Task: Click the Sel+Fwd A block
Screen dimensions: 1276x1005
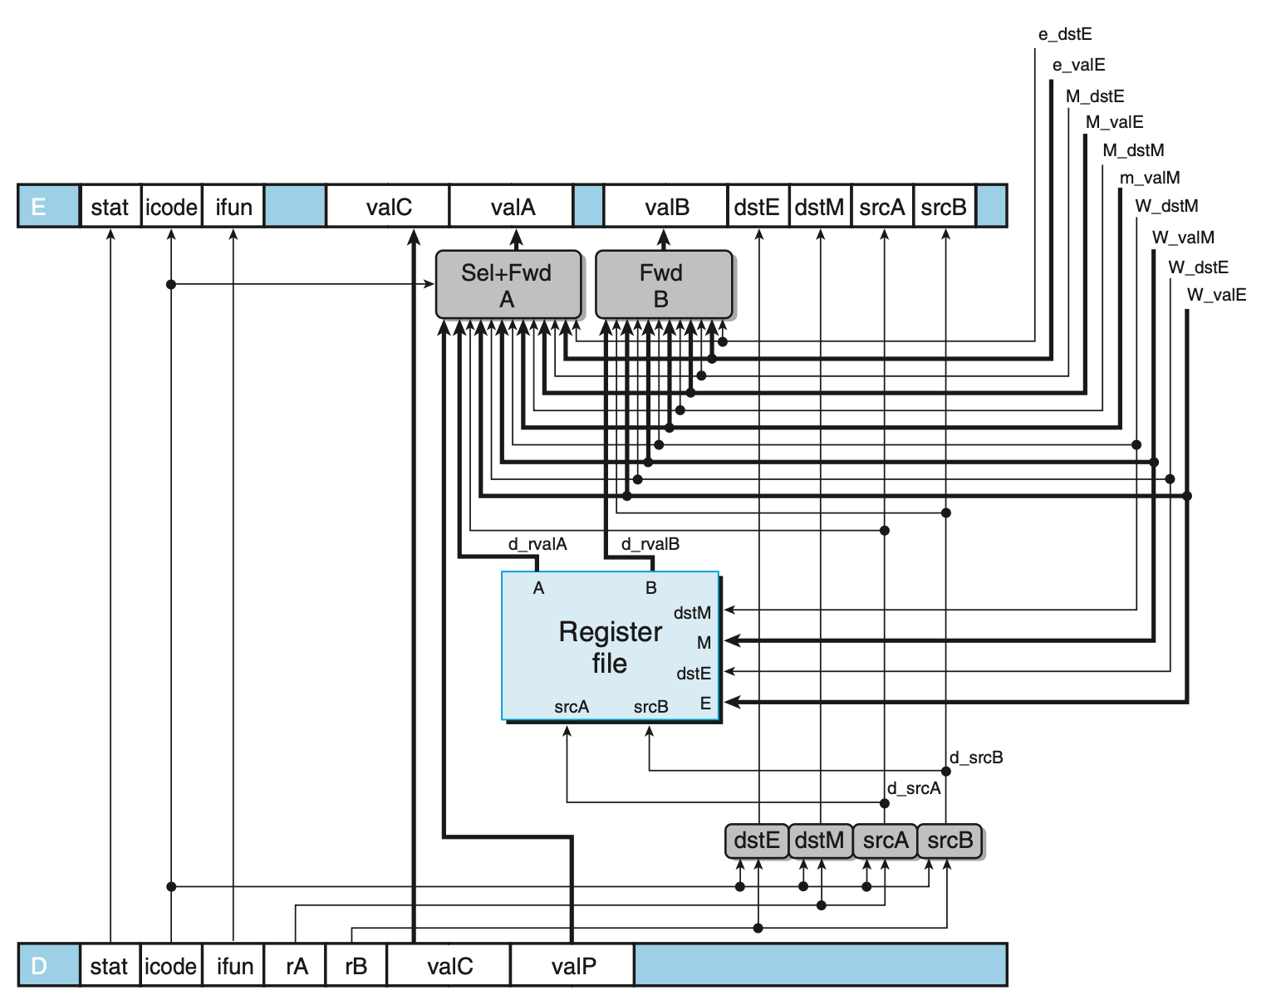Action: (508, 285)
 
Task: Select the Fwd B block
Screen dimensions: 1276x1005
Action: (664, 285)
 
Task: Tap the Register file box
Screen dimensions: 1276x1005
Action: (610, 645)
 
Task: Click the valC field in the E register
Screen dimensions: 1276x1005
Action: (388, 206)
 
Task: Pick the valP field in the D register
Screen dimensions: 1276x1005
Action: (572, 966)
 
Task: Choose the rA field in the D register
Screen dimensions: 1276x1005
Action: (295, 966)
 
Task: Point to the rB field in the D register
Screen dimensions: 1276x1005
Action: (356, 966)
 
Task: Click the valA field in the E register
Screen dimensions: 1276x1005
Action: (512, 206)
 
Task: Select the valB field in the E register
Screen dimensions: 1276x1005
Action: (666, 206)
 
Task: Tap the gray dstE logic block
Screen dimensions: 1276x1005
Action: (757, 841)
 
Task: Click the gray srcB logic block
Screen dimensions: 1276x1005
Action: (950, 841)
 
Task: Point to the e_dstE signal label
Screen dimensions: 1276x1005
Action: (1065, 34)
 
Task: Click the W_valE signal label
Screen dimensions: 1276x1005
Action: (1216, 295)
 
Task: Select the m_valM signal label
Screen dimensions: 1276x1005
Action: (1149, 177)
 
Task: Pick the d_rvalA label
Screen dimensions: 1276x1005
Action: (537, 544)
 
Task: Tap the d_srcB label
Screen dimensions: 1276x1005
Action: (976, 757)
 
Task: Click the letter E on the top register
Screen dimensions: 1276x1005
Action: (38, 207)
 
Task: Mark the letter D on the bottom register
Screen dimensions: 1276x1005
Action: (38, 966)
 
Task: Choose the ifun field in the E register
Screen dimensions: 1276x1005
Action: (233, 206)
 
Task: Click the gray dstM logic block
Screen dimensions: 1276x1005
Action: (820, 841)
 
